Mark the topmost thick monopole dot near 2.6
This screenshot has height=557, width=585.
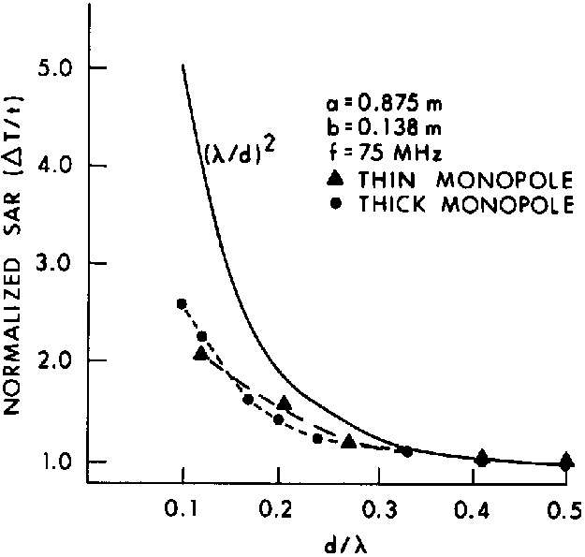click(x=183, y=303)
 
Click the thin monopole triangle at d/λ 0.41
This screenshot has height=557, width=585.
click(x=481, y=457)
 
